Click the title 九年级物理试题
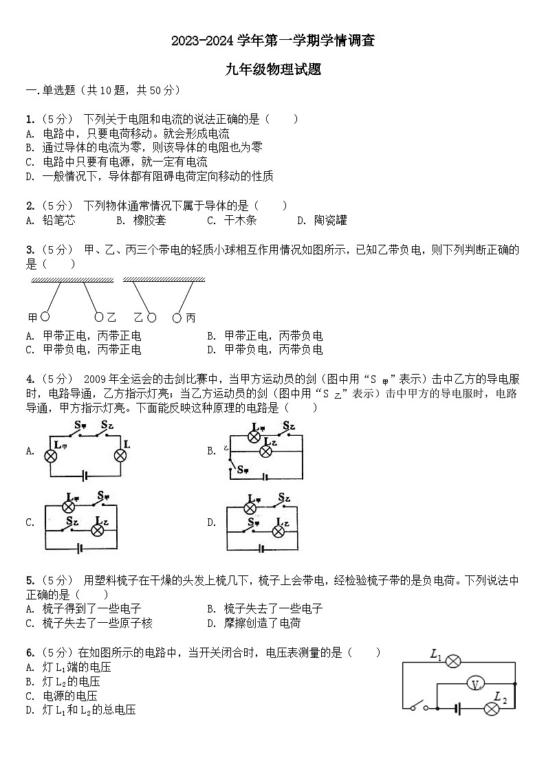[x=273, y=69]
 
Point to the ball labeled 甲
[x=45, y=317]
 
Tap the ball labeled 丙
[x=177, y=318]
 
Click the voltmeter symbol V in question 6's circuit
[x=475, y=684]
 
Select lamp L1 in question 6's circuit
[x=453, y=661]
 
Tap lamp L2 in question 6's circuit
[x=491, y=709]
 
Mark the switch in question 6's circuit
[x=419, y=707]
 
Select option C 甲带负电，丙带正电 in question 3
[x=91, y=349]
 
